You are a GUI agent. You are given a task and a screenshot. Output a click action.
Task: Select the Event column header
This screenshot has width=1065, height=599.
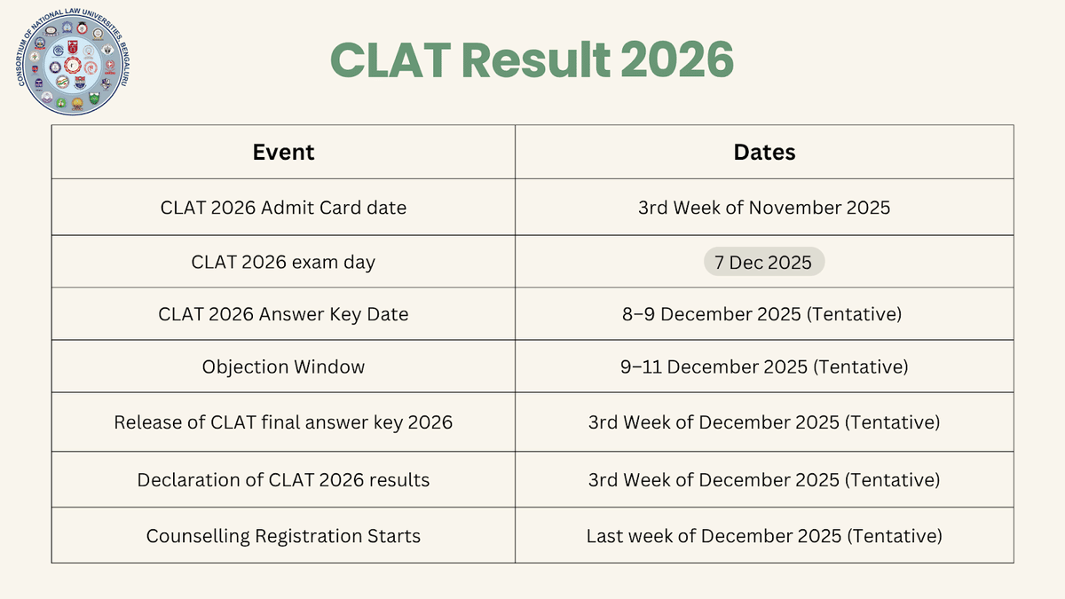click(283, 152)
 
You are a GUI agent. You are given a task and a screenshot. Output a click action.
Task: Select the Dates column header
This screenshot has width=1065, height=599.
click(764, 152)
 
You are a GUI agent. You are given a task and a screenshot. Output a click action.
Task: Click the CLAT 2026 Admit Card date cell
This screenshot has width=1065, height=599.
click(283, 208)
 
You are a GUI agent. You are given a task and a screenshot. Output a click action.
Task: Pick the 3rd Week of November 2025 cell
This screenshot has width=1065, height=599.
click(764, 208)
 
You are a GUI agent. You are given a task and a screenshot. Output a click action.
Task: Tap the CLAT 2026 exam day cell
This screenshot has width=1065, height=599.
click(283, 262)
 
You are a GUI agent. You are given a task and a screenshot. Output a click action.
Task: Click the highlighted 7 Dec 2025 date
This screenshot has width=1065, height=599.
click(764, 262)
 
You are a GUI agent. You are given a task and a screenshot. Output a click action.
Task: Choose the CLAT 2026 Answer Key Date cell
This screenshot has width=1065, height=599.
click(283, 314)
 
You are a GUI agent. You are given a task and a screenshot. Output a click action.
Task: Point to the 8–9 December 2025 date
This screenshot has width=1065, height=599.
click(764, 314)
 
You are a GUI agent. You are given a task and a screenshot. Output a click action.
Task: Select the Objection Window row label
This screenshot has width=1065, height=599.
click(283, 366)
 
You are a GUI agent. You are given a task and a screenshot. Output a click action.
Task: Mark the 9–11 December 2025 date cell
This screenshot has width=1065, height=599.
click(764, 366)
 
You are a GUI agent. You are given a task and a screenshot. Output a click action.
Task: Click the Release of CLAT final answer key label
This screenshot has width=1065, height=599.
click(283, 422)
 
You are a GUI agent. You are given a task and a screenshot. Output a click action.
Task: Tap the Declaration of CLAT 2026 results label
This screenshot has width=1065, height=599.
click(283, 480)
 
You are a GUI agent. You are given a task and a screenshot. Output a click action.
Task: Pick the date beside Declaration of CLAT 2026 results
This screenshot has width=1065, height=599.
click(764, 480)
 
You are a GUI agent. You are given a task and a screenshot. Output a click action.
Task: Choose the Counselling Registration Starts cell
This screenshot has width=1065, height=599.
click(283, 536)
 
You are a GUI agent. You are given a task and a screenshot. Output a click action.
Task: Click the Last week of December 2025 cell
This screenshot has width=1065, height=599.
click(764, 536)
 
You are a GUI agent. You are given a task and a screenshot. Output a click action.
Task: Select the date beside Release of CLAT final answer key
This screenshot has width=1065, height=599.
click(764, 422)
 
